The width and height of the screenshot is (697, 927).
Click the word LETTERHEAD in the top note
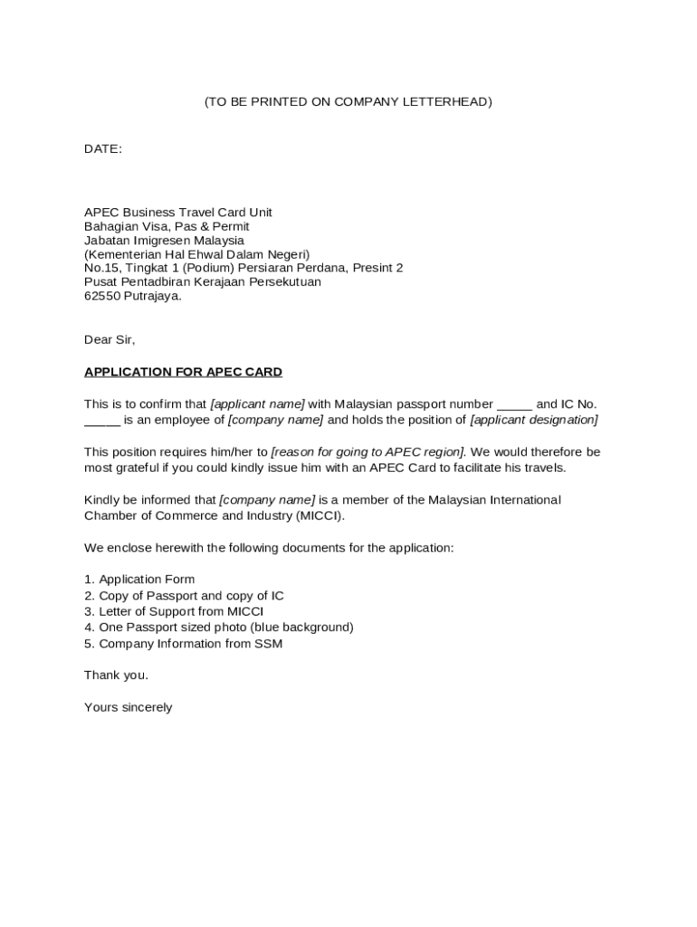click(450, 101)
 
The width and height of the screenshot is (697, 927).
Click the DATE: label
click(103, 148)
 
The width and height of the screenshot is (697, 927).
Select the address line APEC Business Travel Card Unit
click(178, 212)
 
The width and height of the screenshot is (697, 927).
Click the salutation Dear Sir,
click(110, 339)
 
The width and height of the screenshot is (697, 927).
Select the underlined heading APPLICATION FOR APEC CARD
click(183, 372)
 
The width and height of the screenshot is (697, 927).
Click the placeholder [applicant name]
click(258, 404)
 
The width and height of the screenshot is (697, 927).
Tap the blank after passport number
click(514, 405)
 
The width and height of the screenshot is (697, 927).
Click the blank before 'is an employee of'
click(102, 420)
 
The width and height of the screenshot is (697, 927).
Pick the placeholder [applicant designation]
click(534, 420)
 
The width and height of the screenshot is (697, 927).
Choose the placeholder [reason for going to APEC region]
click(368, 452)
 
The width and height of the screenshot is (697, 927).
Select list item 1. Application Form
click(139, 579)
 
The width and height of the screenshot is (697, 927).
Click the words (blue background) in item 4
click(303, 627)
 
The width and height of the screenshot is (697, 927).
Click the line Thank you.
click(116, 675)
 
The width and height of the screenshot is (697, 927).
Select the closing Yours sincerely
click(128, 707)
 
